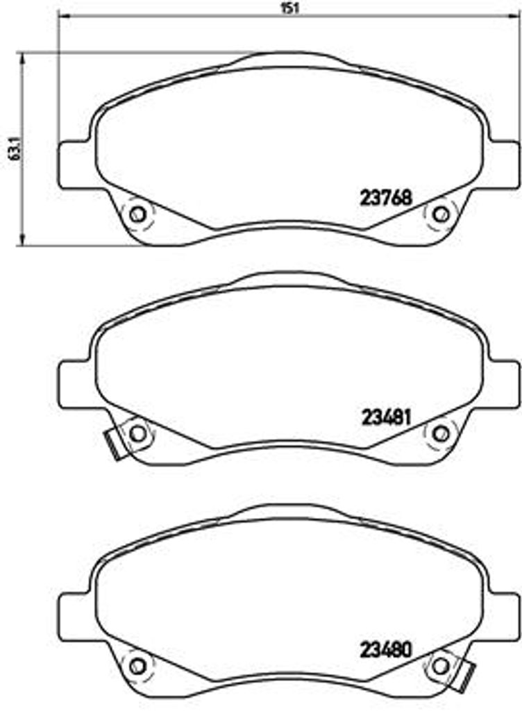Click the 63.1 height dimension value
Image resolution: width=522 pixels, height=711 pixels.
tap(15, 149)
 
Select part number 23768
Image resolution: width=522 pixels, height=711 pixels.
tap(386, 197)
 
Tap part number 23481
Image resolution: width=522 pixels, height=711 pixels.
tap(386, 417)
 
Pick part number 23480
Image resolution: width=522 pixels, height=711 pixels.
tap(386, 651)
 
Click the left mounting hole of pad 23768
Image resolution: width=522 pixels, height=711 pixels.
tap(137, 214)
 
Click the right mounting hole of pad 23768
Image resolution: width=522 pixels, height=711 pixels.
tap(440, 214)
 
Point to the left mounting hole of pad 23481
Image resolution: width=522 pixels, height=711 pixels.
tap(137, 434)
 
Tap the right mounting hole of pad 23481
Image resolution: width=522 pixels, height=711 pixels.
tap(440, 434)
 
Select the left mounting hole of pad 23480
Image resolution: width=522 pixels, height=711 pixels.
tap(137, 666)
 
